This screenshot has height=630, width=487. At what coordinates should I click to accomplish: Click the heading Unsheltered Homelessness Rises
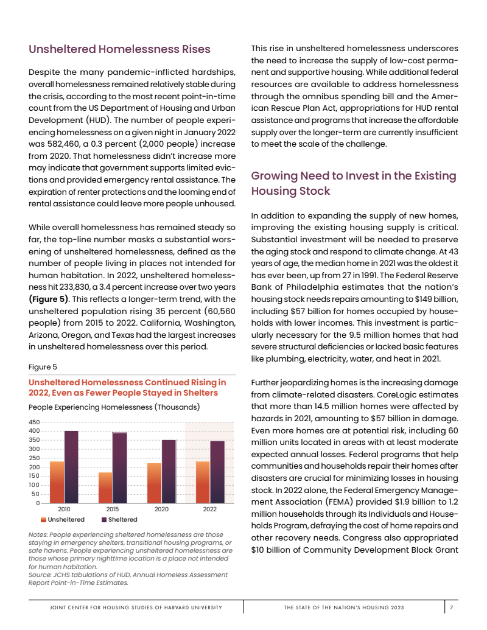(x=119, y=49)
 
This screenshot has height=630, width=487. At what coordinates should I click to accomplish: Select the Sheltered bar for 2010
(x=71, y=466)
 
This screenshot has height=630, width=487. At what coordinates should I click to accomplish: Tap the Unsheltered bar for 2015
(x=105, y=487)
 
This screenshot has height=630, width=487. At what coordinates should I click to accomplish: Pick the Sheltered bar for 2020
(x=169, y=471)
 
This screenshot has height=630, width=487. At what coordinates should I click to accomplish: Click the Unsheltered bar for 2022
(x=203, y=481)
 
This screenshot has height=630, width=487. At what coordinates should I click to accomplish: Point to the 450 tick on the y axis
(x=34, y=422)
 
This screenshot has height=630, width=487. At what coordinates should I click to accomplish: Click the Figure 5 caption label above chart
(x=43, y=367)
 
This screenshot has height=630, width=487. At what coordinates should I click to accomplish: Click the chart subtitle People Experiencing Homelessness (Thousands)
(x=114, y=406)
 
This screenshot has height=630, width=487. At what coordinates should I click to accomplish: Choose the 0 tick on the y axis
(x=37, y=503)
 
